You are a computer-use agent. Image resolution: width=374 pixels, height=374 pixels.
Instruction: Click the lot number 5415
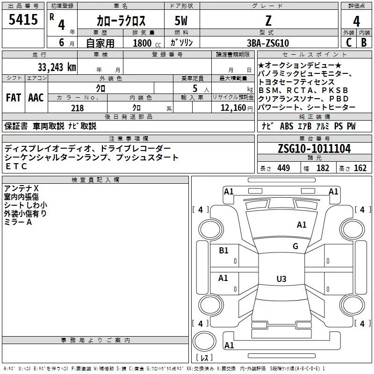point(23,19)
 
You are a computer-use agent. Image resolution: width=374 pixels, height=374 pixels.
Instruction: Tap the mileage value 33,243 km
point(57,67)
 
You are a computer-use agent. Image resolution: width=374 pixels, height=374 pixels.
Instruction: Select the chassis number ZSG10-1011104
point(314,149)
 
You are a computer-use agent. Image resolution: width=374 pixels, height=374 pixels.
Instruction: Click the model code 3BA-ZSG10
point(267,43)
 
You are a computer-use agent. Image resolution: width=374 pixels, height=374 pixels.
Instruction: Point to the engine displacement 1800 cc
point(147,43)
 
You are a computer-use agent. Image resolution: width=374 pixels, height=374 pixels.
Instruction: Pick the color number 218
point(77,108)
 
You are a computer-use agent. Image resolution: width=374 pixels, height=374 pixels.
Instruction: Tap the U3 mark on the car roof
point(281,279)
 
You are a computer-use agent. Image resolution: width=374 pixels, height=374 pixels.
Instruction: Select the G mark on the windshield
point(295,246)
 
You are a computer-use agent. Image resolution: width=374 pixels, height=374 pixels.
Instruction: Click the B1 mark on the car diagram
point(223,250)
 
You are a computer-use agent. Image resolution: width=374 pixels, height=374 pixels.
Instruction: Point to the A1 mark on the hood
point(302,224)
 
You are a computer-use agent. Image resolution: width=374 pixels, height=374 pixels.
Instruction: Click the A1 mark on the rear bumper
point(229,345)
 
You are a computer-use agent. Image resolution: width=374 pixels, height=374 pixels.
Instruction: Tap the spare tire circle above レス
point(204,341)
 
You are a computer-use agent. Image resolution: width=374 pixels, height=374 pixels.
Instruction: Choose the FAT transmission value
point(14,98)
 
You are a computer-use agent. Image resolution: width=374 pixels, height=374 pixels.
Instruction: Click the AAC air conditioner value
point(36,98)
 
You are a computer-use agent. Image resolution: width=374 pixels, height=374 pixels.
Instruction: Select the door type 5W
point(181,21)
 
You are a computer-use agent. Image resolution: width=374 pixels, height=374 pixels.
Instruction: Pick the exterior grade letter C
point(349,43)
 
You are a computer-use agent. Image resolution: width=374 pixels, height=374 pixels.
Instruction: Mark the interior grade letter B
point(364,43)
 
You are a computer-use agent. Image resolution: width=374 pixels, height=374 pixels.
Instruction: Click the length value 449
point(284,168)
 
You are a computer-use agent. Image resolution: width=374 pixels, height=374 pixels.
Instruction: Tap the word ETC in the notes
point(16,166)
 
